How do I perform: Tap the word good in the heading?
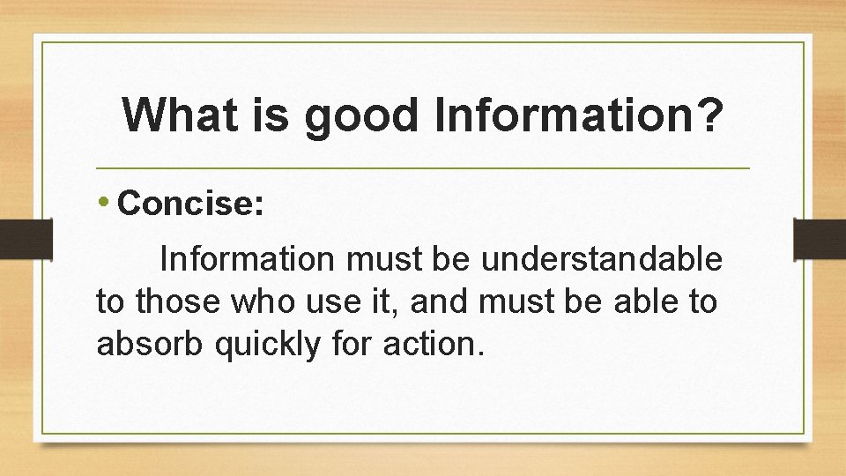[361, 116]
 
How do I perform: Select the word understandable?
[602, 260]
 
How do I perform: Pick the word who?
[255, 301]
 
